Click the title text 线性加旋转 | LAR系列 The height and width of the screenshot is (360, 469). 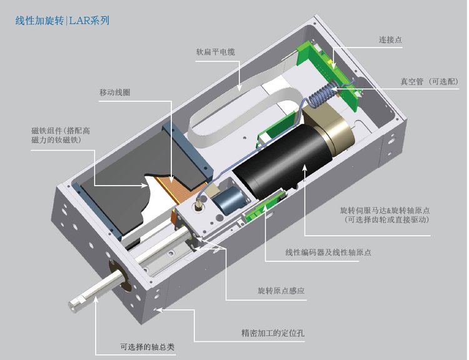(x=62, y=21)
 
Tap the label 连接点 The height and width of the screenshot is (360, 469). (x=390, y=39)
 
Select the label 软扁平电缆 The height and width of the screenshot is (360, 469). (x=215, y=52)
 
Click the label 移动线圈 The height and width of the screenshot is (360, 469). (x=114, y=92)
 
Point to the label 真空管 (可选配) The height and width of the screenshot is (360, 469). (x=429, y=82)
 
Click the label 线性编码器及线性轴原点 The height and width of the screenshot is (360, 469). (x=328, y=252)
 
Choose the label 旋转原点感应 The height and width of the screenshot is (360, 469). (x=281, y=291)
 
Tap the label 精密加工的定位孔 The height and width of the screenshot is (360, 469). (x=273, y=332)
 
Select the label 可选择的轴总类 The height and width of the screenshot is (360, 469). (x=147, y=347)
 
